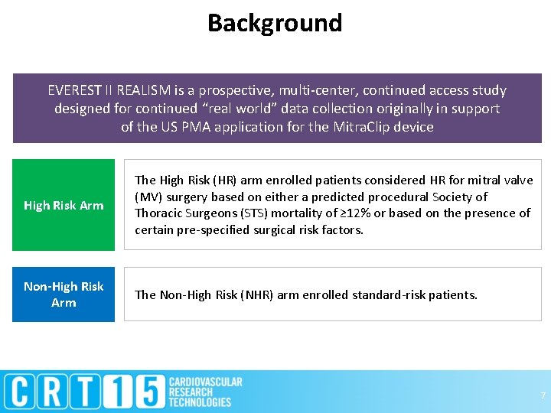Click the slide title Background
(x=275, y=23)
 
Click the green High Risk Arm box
(x=64, y=205)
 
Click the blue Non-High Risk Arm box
(x=64, y=294)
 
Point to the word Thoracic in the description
(x=158, y=213)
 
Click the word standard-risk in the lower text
(x=386, y=294)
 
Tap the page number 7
(x=543, y=395)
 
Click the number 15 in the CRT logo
(x=139, y=392)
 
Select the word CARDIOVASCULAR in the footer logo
(x=205, y=382)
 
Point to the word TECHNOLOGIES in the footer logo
(x=200, y=402)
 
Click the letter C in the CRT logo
(x=23, y=392)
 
